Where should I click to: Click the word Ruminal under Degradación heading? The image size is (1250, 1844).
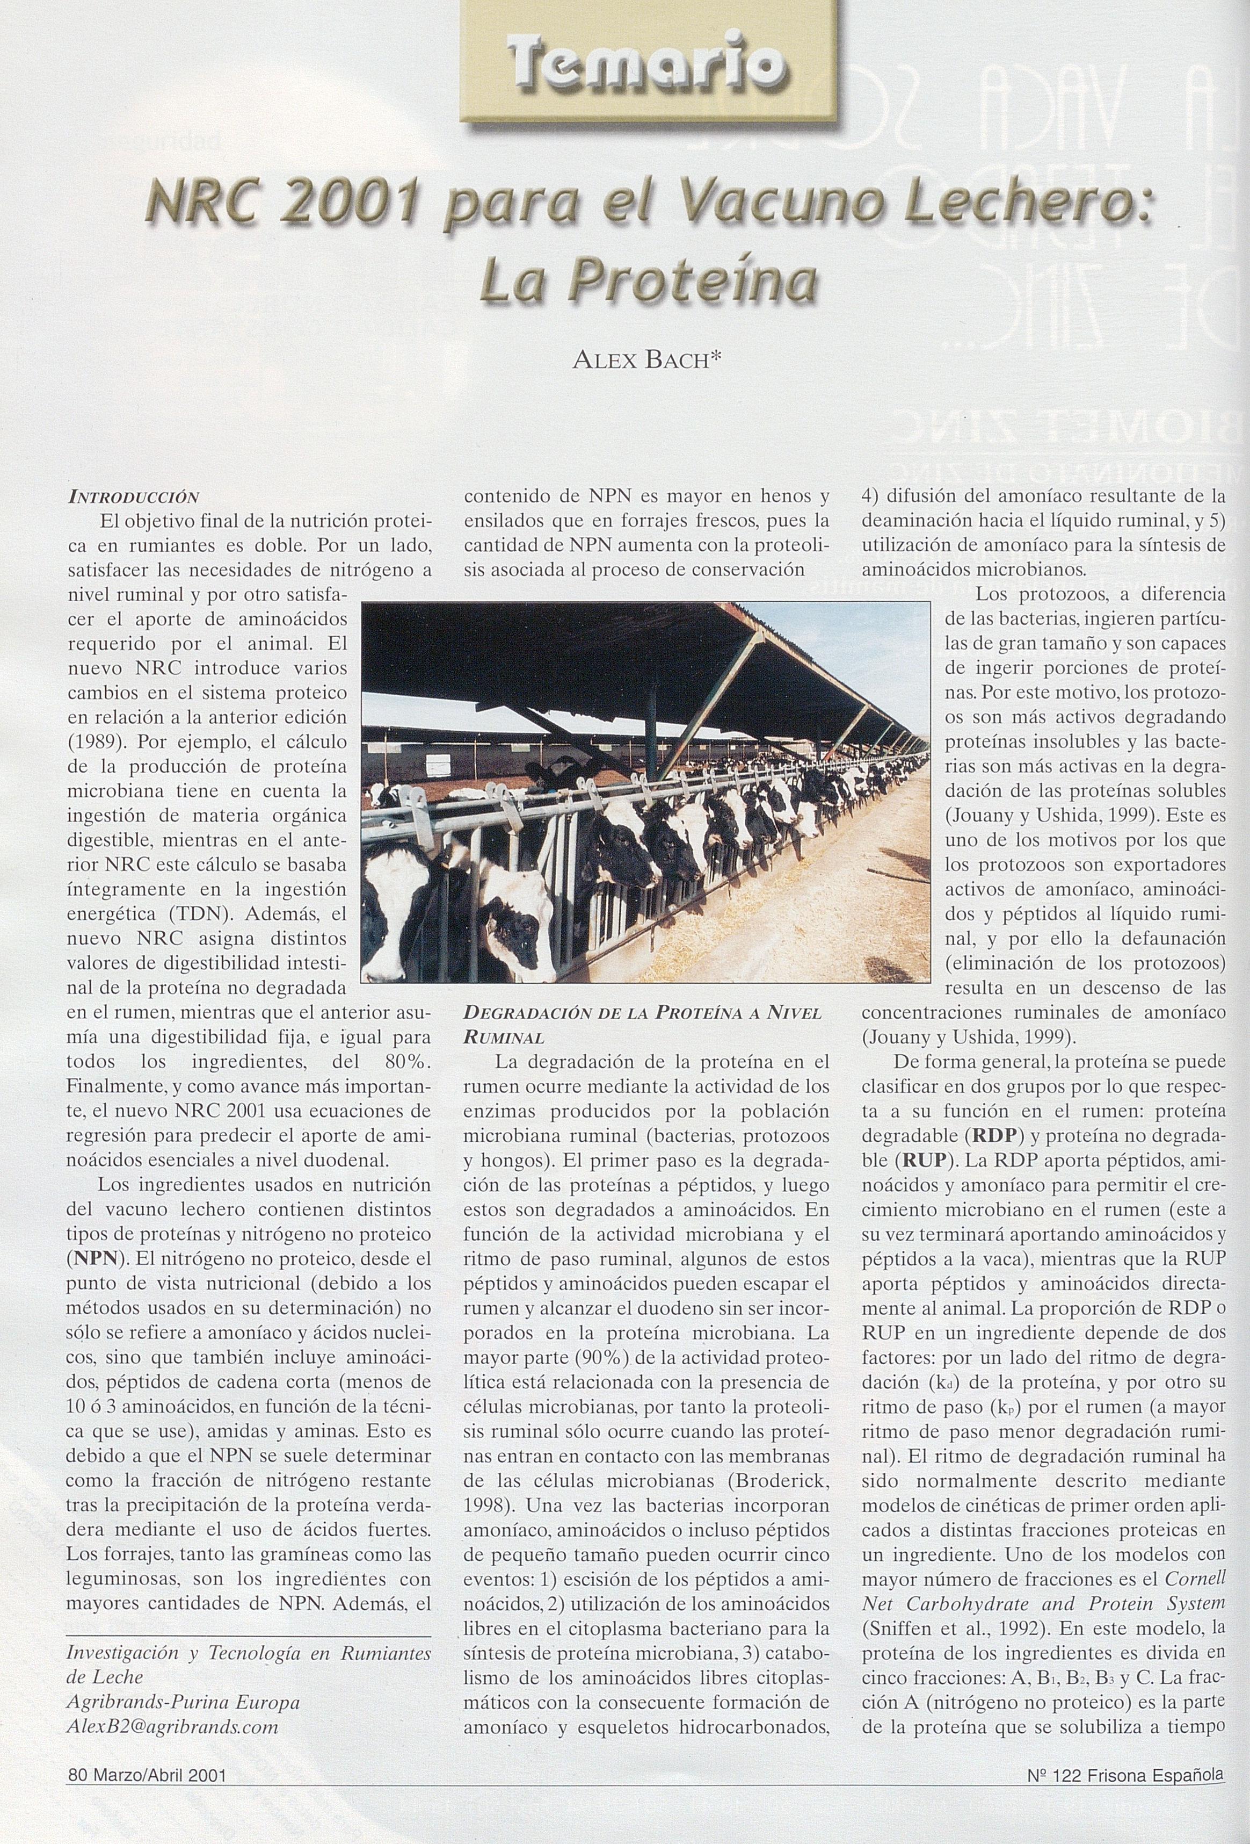[503, 1037]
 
